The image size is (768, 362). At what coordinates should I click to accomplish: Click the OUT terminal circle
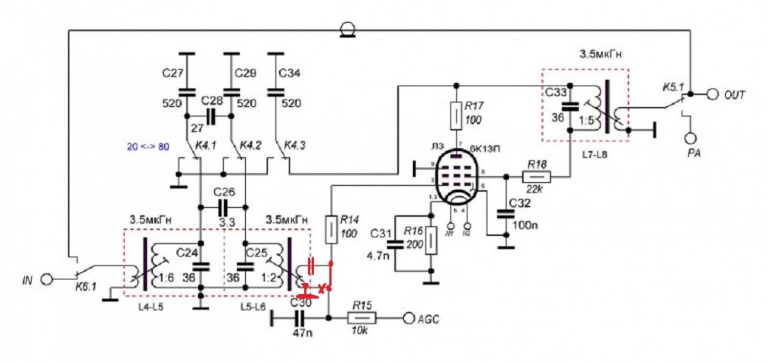point(713,95)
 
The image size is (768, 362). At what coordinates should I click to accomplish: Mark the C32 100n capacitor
point(507,214)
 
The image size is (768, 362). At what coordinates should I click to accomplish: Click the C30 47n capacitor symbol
point(299,319)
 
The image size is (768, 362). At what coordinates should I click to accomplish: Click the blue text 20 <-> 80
point(147,147)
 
